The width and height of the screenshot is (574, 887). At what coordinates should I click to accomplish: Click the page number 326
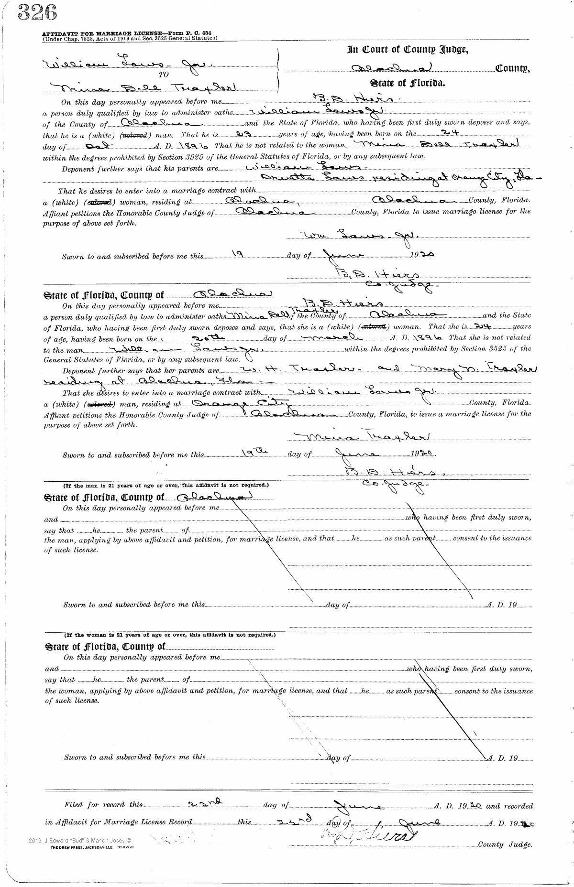point(36,13)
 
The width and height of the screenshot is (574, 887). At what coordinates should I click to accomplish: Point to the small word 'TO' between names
point(163,75)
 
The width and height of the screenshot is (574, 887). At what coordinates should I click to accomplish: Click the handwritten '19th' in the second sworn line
point(250,453)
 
